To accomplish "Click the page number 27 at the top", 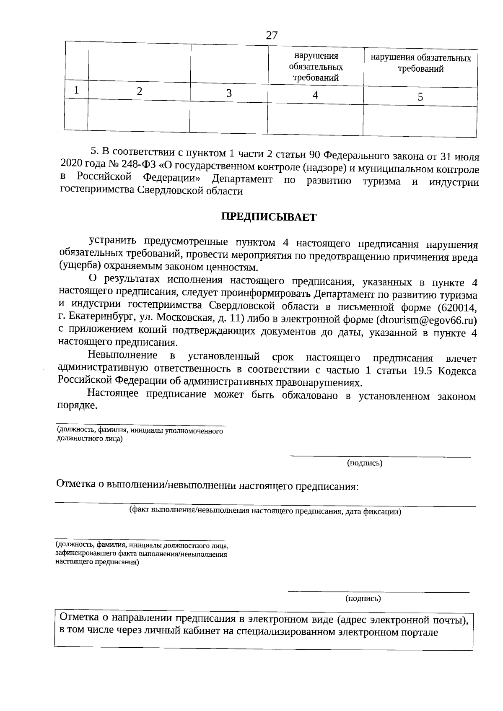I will [x=272, y=35].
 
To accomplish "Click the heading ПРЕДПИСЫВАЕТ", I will [x=269, y=217].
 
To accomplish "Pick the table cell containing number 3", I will [x=229, y=93].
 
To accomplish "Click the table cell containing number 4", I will [x=315, y=95].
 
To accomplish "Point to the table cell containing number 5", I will [x=420, y=97].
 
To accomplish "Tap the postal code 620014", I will [x=457, y=308].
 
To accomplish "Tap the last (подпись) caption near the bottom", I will [x=363, y=599].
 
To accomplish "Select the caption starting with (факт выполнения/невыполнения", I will [x=265, y=511].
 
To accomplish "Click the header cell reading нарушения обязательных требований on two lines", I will [x=420, y=63].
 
